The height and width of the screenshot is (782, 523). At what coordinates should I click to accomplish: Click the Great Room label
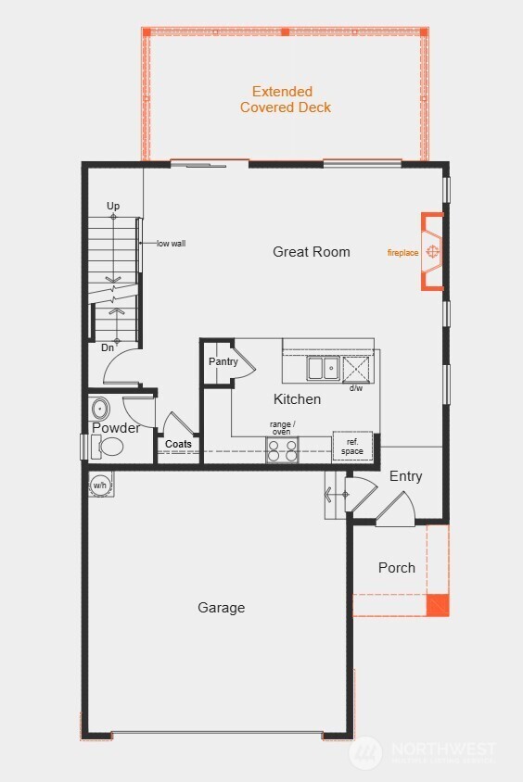(x=312, y=251)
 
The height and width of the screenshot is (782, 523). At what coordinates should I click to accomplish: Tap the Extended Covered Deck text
(x=285, y=99)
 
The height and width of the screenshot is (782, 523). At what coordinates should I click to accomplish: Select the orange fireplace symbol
(x=432, y=252)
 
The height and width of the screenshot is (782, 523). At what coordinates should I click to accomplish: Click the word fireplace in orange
(x=402, y=252)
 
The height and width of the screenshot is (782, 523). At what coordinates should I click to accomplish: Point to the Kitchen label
(x=297, y=399)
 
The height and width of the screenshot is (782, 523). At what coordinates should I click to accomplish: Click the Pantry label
(x=223, y=361)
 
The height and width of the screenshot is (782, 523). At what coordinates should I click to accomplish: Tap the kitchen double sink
(x=322, y=368)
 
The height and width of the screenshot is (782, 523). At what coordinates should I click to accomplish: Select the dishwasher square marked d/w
(x=357, y=368)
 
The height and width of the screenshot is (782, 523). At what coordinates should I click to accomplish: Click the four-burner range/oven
(x=283, y=450)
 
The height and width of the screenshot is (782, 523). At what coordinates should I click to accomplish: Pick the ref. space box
(x=352, y=446)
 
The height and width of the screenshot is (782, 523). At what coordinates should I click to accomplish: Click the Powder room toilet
(x=110, y=448)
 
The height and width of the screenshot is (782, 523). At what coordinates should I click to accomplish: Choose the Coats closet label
(x=178, y=444)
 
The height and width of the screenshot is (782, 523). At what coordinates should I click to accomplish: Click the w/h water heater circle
(x=99, y=485)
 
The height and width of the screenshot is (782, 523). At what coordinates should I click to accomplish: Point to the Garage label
(x=222, y=608)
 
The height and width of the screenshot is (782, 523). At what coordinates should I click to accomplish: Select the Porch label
(x=397, y=568)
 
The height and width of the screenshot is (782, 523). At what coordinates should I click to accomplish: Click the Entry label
(x=405, y=476)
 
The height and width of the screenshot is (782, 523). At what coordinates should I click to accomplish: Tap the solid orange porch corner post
(x=437, y=606)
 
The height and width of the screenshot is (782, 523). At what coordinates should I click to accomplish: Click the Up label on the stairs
(x=113, y=206)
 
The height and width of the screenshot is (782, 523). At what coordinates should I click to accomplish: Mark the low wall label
(x=171, y=243)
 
